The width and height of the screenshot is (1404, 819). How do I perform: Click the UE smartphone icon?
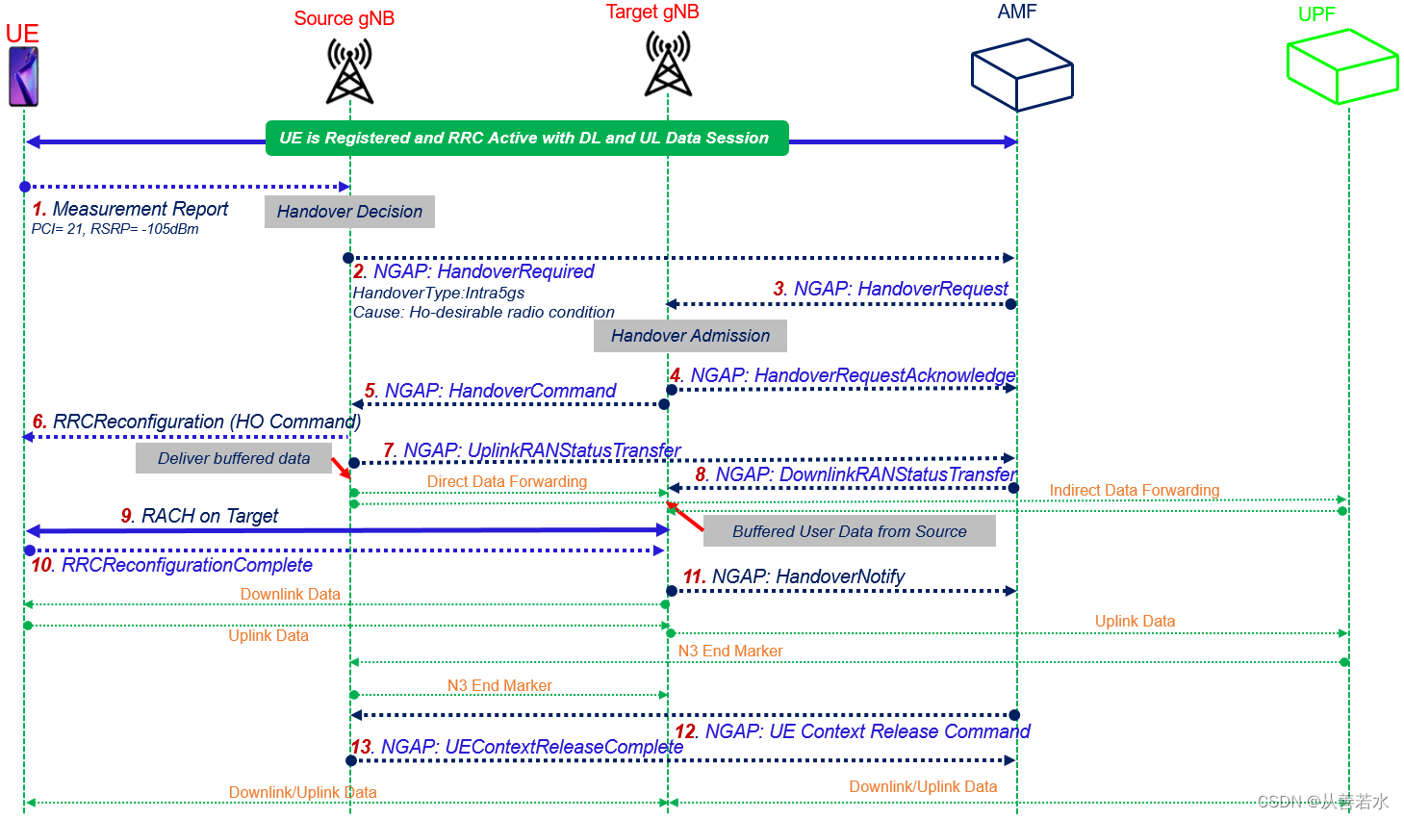pyautogui.click(x=23, y=77)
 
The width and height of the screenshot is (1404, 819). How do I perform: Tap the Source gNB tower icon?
pyautogui.click(x=349, y=71)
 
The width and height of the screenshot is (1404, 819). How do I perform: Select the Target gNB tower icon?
pyautogui.click(x=668, y=64)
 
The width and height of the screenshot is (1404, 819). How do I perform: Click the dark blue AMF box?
pyautogui.click(x=1021, y=74)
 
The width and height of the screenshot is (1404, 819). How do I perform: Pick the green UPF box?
pyautogui.click(x=1341, y=66)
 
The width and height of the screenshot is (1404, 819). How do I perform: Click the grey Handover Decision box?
pyautogui.click(x=349, y=212)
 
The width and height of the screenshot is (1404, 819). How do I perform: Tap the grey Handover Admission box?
pyautogui.click(x=690, y=336)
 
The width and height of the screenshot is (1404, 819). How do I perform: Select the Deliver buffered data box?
pyautogui.click(x=234, y=459)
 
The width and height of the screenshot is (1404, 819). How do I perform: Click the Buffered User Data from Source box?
pyautogui.click(x=849, y=531)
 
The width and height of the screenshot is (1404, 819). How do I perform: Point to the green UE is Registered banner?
pyautogui.click(x=526, y=138)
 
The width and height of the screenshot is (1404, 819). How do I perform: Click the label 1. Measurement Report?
pyautogui.click(x=131, y=209)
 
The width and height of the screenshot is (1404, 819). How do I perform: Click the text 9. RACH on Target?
pyautogui.click(x=200, y=516)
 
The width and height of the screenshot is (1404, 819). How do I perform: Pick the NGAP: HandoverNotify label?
pyautogui.click(x=794, y=576)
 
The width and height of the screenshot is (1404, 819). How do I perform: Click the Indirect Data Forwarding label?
pyautogui.click(x=1134, y=490)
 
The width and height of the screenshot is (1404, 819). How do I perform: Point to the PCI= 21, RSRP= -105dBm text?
pyautogui.click(x=115, y=229)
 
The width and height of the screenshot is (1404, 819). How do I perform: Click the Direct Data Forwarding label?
pyautogui.click(x=506, y=481)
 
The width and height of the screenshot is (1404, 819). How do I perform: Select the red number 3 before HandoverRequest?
pyautogui.click(x=779, y=289)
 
